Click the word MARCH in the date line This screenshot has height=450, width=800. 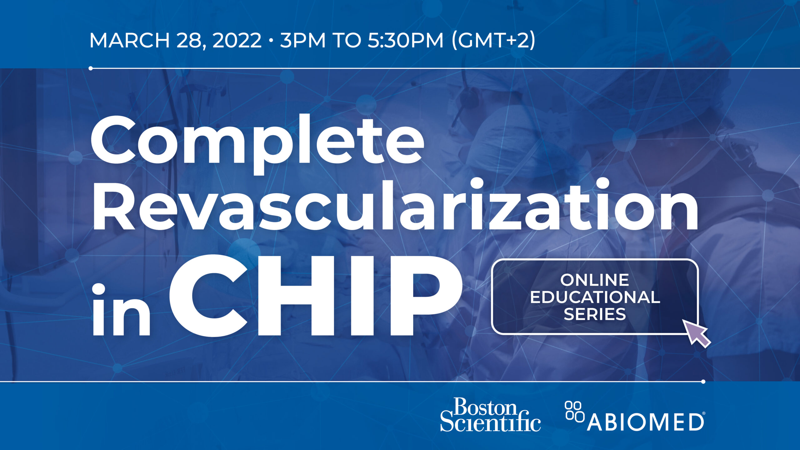(129, 40)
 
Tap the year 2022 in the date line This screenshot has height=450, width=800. (237, 40)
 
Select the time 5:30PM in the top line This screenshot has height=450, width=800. (405, 40)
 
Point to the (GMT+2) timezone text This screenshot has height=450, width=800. (493, 41)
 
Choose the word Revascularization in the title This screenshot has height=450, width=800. (394, 205)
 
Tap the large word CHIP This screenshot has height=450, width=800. (316, 295)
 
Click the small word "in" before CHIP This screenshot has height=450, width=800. (121, 309)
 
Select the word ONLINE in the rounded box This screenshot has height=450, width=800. (594, 280)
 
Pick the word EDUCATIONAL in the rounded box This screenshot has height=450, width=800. (595, 297)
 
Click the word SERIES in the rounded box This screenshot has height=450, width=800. (595, 314)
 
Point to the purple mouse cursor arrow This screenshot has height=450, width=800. (696, 333)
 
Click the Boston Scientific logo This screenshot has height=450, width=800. (490, 414)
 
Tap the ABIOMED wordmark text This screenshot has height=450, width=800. (646, 422)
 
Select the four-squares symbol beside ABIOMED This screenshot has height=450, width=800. (574, 411)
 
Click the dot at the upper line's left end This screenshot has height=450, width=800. (91, 68)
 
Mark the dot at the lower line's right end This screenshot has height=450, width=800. (703, 382)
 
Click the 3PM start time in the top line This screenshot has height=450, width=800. (302, 40)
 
